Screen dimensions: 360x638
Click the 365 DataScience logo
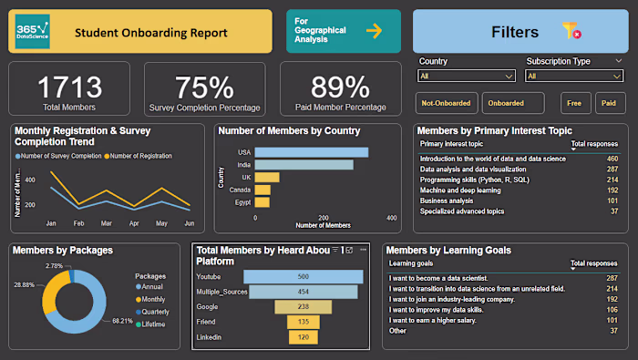(33, 32)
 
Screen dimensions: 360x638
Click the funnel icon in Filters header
(571, 32)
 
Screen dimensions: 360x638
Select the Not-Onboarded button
(447, 104)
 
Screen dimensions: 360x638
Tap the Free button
(573, 104)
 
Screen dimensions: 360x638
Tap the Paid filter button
(607, 104)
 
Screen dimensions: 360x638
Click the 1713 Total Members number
(69, 87)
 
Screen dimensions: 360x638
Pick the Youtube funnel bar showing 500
(303, 276)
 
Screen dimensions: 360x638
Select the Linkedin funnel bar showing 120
(303, 337)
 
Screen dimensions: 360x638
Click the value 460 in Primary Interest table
(612, 159)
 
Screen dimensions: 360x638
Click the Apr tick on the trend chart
(134, 223)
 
